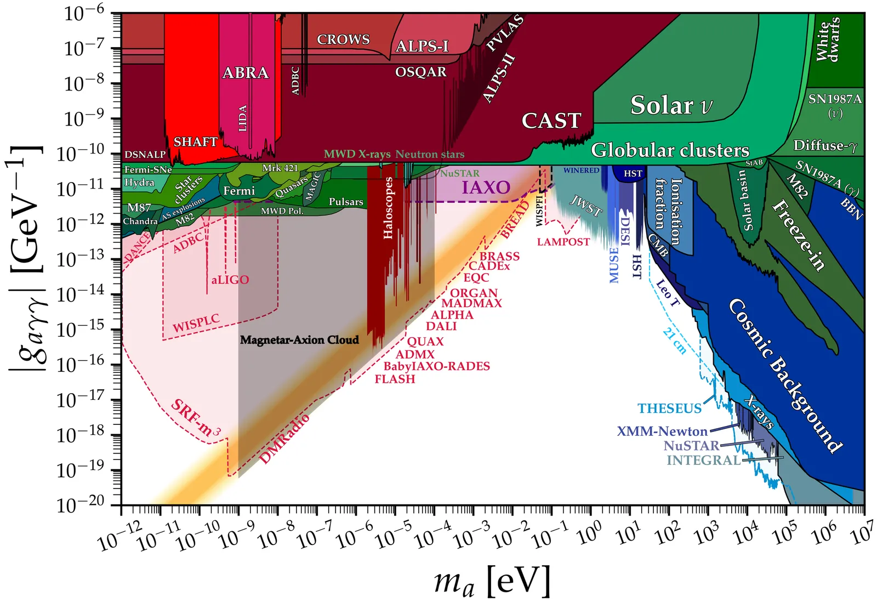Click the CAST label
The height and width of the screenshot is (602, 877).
click(x=551, y=121)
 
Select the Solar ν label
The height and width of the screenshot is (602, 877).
click(x=671, y=105)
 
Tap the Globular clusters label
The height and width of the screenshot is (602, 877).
click(x=670, y=150)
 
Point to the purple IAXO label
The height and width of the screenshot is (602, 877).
click(x=486, y=188)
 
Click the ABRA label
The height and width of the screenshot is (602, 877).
click(x=245, y=73)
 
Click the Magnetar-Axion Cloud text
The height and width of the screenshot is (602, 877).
click(x=299, y=340)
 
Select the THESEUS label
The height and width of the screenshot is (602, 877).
click(x=669, y=408)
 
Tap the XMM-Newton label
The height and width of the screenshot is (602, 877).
click(x=662, y=431)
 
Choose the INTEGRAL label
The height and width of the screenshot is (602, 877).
click(x=703, y=461)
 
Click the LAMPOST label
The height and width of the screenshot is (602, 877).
click(x=563, y=242)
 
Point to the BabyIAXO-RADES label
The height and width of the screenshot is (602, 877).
click(x=436, y=366)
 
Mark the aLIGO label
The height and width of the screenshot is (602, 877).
click(x=230, y=280)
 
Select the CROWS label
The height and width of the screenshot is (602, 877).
click(x=343, y=39)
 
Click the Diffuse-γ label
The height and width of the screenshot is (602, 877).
click(x=825, y=146)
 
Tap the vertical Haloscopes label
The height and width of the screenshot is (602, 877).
click(x=388, y=208)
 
